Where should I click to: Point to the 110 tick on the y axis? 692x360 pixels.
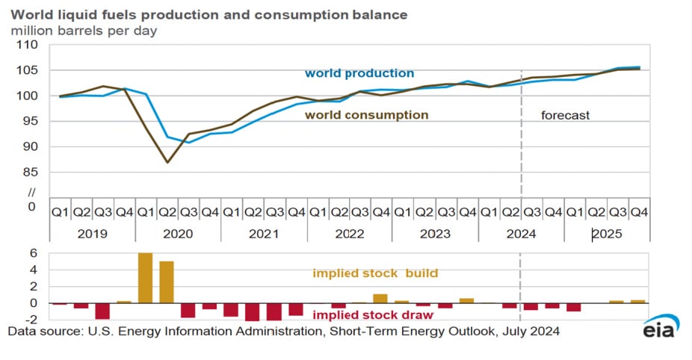(26, 45)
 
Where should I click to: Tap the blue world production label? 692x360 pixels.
(359, 73)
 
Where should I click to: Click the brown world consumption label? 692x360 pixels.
(366, 115)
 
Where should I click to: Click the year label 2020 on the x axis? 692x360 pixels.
(178, 234)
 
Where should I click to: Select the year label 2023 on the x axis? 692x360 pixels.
(435, 234)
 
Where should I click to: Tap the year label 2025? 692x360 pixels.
(607, 234)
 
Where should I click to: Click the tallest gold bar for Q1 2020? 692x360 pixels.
(146, 278)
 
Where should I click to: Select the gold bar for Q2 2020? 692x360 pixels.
(167, 282)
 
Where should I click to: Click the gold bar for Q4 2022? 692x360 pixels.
(380, 299)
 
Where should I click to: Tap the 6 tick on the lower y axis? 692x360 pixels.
(33, 253)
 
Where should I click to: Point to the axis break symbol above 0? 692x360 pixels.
(31, 192)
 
